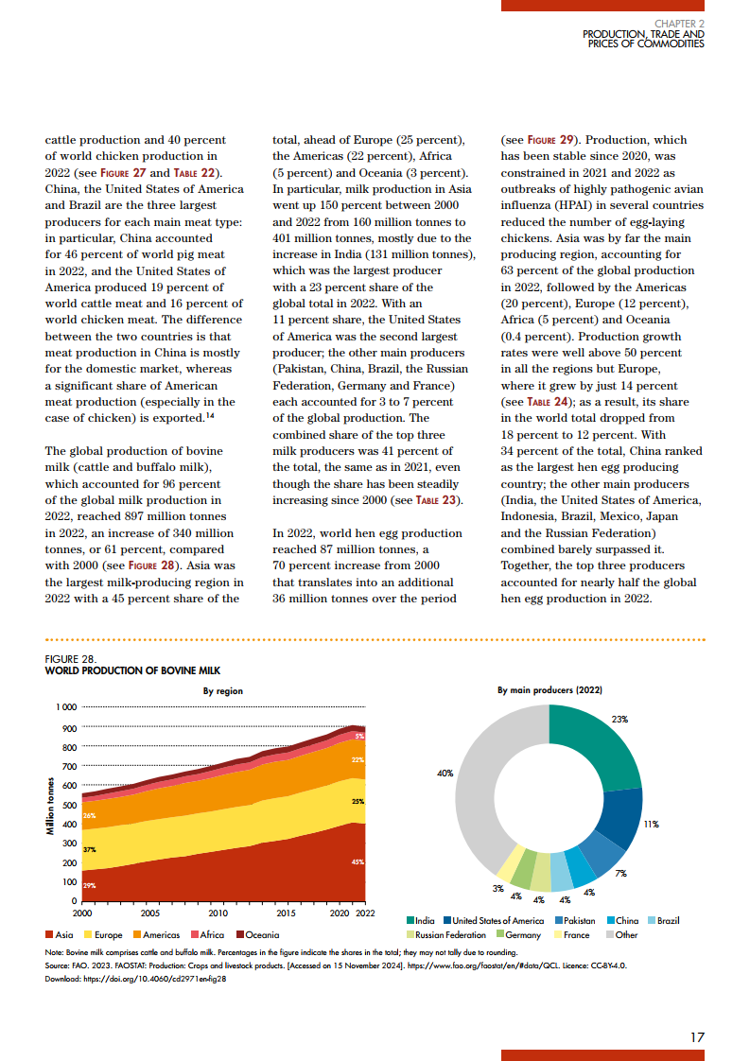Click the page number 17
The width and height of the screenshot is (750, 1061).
(x=697, y=1037)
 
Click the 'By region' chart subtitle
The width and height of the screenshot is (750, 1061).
(x=223, y=691)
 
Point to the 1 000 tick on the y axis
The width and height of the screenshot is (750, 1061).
(x=65, y=707)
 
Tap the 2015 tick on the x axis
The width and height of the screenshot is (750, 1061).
(x=286, y=913)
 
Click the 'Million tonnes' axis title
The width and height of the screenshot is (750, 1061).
(x=49, y=805)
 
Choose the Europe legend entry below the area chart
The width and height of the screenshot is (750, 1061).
(x=104, y=935)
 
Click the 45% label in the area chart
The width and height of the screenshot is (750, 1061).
(x=358, y=862)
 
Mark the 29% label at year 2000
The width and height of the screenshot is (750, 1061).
(x=90, y=885)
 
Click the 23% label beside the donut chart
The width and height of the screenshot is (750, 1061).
(x=620, y=720)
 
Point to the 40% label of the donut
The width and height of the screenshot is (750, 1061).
(x=445, y=774)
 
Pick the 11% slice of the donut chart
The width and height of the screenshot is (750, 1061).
(x=622, y=817)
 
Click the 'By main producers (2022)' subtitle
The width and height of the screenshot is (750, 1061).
(x=549, y=691)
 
